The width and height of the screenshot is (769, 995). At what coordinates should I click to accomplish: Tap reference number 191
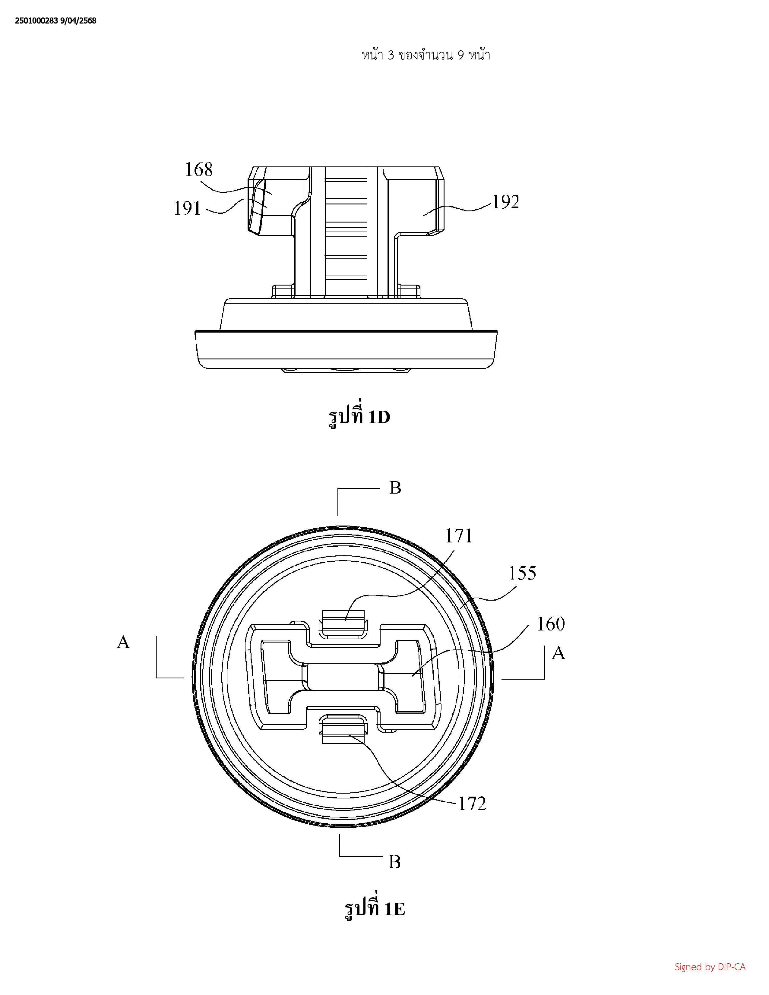tap(187, 208)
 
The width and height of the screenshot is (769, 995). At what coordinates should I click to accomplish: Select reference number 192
tap(505, 202)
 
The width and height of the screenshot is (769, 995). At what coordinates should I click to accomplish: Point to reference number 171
tap(459, 536)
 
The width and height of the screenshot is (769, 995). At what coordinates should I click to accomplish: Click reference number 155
tap(522, 573)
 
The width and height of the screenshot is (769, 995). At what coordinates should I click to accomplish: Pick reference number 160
tap(551, 624)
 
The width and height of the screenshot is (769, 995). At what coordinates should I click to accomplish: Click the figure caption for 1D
tap(359, 416)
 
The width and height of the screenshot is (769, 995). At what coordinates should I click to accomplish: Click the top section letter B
tap(395, 488)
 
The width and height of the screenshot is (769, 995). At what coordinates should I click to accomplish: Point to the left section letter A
tap(123, 642)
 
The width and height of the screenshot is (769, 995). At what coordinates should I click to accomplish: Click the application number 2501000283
tap(36, 21)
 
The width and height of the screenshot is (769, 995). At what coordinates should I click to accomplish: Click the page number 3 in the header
tap(391, 55)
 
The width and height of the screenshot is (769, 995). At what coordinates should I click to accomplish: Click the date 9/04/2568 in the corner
tap(78, 21)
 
